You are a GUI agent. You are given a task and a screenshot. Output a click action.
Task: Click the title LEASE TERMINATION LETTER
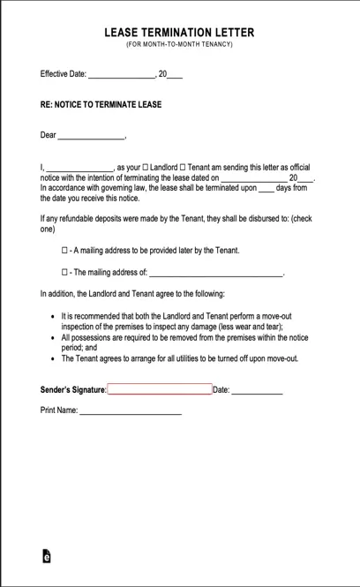(x=179, y=33)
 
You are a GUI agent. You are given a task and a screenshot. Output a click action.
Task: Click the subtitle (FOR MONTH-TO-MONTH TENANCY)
(x=179, y=44)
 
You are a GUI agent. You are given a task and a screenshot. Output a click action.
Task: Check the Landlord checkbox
(x=146, y=167)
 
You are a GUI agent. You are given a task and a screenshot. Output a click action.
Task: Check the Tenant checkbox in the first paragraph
(x=184, y=167)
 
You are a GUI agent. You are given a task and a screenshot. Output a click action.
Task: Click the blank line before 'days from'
(x=266, y=189)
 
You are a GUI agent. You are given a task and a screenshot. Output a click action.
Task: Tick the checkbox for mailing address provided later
(x=64, y=251)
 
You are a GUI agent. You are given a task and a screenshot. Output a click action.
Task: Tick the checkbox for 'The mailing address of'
(x=64, y=273)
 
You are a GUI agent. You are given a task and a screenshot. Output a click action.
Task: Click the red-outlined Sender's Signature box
(x=160, y=389)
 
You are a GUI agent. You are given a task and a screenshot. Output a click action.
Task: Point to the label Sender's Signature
(x=73, y=389)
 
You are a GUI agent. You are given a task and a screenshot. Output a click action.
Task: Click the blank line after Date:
(x=257, y=391)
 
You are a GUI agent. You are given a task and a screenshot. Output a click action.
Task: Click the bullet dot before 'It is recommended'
(x=53, y=316)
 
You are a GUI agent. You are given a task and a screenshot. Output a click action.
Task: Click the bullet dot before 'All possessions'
(x=53, y=337)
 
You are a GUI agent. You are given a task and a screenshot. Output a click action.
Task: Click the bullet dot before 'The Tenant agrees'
(x=53, y=359)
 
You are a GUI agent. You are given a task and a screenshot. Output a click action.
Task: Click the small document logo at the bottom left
(x=47, y=556)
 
